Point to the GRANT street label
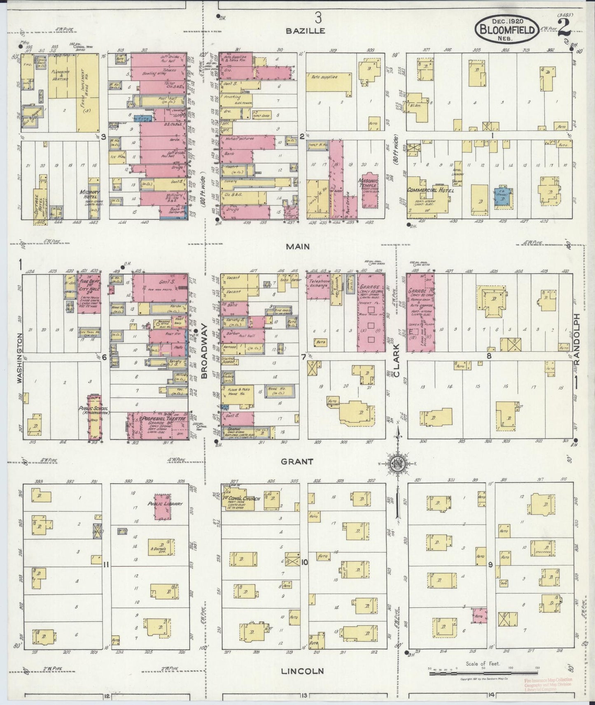(296, 461)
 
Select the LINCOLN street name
(302, 671)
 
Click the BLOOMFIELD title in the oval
(506, 30)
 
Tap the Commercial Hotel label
(430, 190)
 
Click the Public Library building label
(165, 504)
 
